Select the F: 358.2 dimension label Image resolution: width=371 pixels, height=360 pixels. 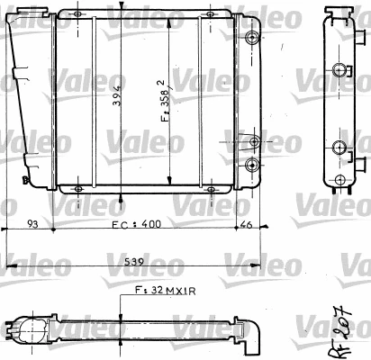tap(164, 102)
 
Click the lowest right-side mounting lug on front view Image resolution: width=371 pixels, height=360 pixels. tap(252, 164)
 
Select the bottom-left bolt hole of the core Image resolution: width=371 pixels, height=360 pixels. tap(77, 188)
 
